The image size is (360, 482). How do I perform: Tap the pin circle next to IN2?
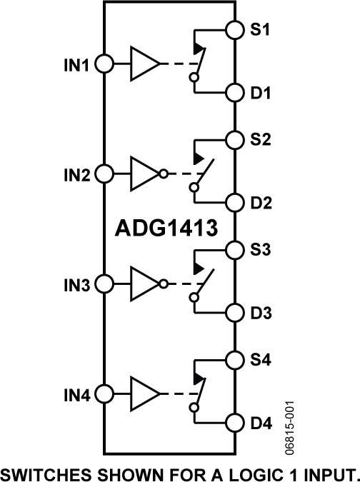coord(104,174)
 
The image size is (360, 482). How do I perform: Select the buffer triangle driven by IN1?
coord(144,64)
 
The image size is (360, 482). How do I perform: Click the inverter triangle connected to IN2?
coord(144,174)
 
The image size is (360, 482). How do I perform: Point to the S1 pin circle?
coord(235,30)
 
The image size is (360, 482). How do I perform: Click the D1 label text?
coord(261,93)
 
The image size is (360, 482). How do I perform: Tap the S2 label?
coord(261,139)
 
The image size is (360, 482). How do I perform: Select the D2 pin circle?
coord(235,202)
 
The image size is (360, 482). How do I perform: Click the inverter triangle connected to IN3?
coord(144,284)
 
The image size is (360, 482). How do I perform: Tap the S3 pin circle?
coord(235,250)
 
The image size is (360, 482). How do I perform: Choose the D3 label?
coord(261,313)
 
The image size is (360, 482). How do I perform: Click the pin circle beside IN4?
coord(104,394)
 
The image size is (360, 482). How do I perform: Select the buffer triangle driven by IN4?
coord(144,394)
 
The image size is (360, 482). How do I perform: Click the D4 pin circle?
coord(235,423)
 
